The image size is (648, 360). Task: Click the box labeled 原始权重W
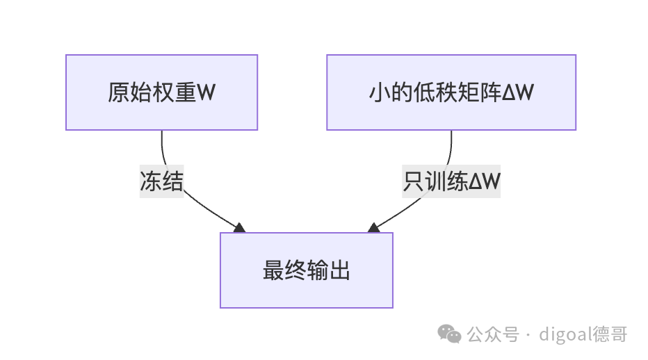(161, 92)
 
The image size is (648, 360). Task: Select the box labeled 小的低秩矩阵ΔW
(451, 92)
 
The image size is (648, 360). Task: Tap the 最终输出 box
(306, 270)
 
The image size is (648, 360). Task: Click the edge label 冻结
(161, 181)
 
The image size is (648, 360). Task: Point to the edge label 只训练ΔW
(451, 181)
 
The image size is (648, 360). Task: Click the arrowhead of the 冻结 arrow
(240, 228)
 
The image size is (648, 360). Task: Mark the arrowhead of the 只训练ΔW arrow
(373, 228)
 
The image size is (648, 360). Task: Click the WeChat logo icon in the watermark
(449, 334)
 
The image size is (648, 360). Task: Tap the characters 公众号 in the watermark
(493, 334)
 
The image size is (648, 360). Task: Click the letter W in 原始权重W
(206, 92)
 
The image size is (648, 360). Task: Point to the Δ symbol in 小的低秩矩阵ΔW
(509, 92)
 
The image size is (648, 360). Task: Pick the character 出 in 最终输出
(339, 270)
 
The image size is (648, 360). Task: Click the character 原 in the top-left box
(119, 92)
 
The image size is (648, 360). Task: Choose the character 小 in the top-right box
(380, 92)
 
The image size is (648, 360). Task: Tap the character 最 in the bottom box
(273, 270)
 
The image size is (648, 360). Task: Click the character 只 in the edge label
(414, 181)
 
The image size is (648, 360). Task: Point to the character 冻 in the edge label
(150, 181)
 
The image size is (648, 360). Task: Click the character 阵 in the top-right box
(491, 92)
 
